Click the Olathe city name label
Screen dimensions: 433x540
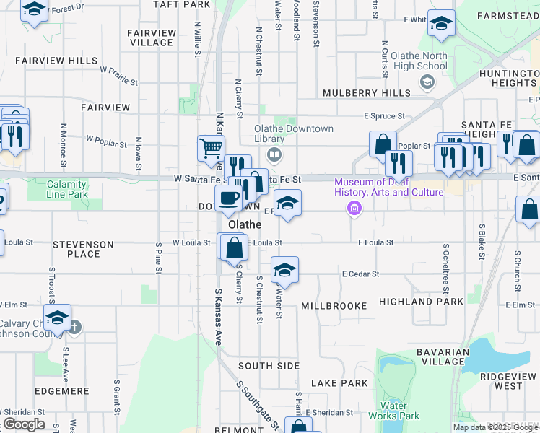point(245,224)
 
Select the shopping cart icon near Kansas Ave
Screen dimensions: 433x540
point(210,148)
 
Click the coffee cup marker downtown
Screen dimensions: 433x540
point(229,198)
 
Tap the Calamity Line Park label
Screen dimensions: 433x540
point(57,190)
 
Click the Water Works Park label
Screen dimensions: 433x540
point(393,411)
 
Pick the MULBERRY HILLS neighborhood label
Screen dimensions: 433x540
point(367,93)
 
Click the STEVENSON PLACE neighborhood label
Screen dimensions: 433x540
point(83,249)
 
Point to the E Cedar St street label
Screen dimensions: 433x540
point(361,274)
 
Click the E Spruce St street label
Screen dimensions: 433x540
point(383,115)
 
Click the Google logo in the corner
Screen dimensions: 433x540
point(23,424)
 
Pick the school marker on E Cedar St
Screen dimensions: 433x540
point(284,270)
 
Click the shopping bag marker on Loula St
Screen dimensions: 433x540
point(234,248)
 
